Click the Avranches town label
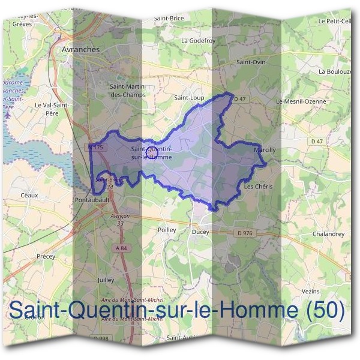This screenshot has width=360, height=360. click(x=80, y=50)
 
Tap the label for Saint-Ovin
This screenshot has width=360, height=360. click(x=251, y=62)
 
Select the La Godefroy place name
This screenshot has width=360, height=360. click(x=197, y=40)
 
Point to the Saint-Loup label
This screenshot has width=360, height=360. click(x=188, y=97)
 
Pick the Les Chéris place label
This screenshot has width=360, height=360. click(x=259, y=187)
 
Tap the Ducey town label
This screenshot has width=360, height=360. click(x=200, y=230)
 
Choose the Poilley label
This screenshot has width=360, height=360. click(x=166, y=229)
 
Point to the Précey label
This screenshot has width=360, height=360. click(x=45, y=256)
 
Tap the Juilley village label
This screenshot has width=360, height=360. click(x=105, y=280)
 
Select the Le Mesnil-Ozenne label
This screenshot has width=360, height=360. click(x=301, y=101)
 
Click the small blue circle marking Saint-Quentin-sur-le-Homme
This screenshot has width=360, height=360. click(x=152, y=153)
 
